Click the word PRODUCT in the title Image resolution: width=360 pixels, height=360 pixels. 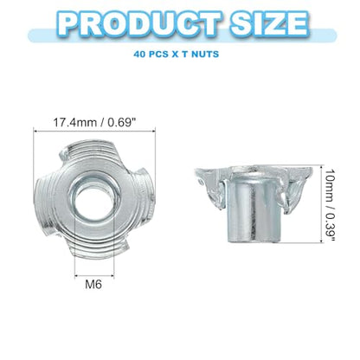tap(139, 23)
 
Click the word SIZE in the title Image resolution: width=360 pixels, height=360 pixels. tap(268, 23)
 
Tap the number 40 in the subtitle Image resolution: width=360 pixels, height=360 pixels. tap(139, 54)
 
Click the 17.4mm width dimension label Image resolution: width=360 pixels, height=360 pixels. tap(94, 122)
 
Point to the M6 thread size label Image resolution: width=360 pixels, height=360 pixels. tap(93, 285)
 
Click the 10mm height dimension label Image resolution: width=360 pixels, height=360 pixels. tap(330, 205)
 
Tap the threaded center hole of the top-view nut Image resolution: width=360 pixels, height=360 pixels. tap(94, 199)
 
